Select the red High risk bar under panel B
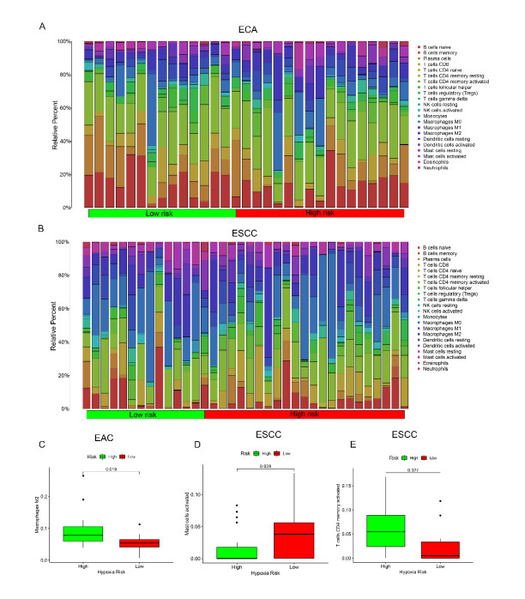pyautogui.click(x=304, y=414)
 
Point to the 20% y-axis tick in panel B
pyautogui.click(x=74, y=376)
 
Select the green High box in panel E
pyautogui.click(x=391, y=530)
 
